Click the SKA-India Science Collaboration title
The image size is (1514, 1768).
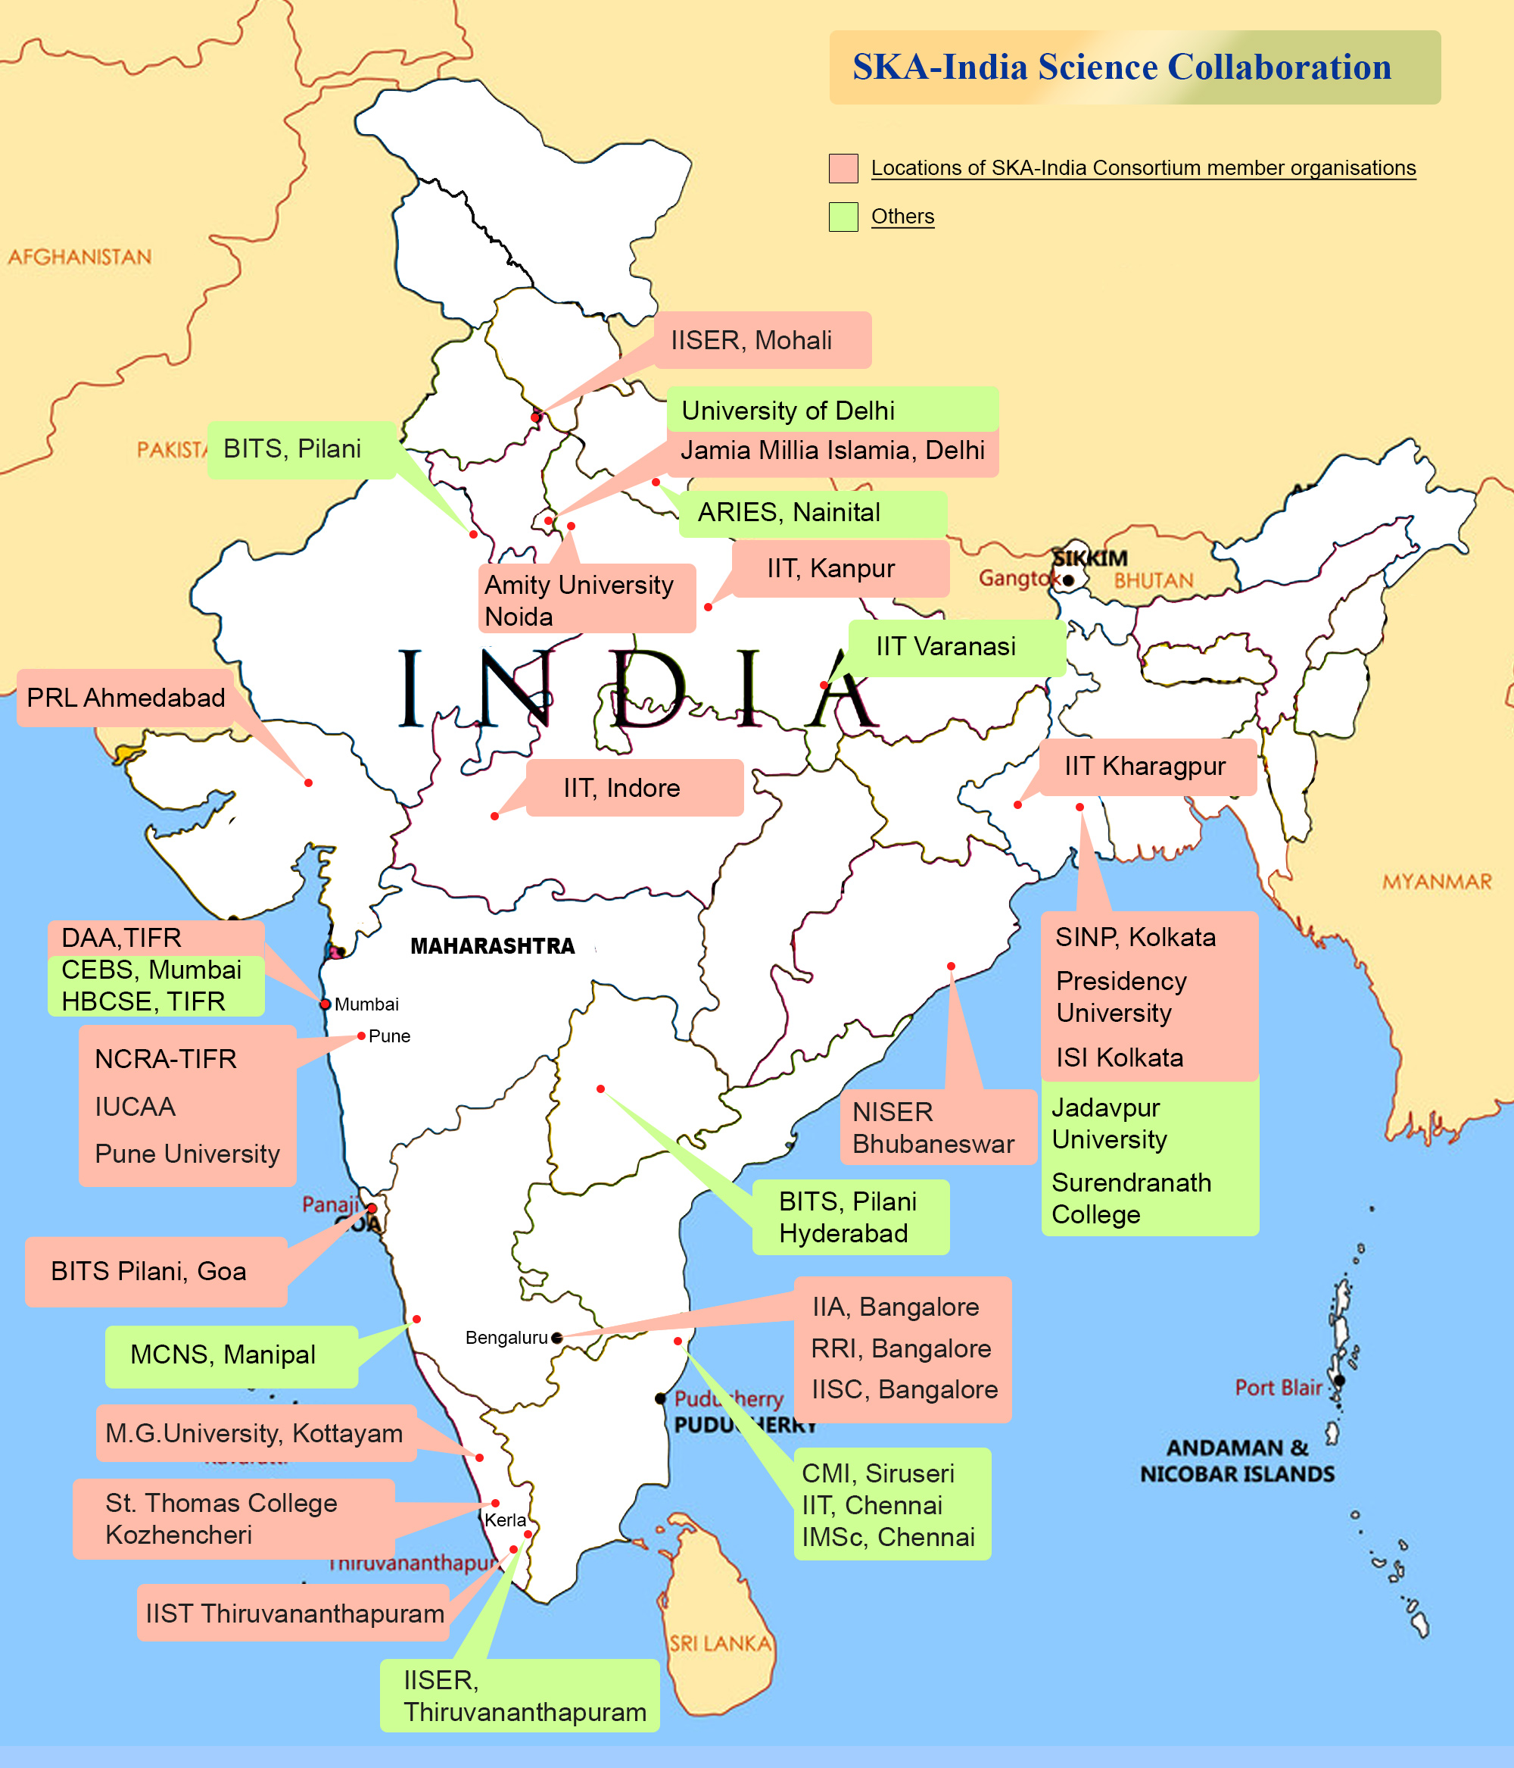pyautogui.click(x=1121, y=67)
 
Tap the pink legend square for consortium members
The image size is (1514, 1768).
pyautogui.click(x=843, y=168)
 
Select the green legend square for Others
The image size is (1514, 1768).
pyautogui.click(x=843, y=217)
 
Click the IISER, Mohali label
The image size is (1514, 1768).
pyautogui.click(x=752, y=340)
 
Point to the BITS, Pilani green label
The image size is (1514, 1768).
pyautogui.click(x=291, y=449)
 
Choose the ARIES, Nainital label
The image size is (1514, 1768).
pyautogui.click(x=789, y=513)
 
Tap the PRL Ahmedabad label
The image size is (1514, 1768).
pyautogui.click(x=126, y=698)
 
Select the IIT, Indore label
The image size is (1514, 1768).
pyautogui.click(x=621, y=788)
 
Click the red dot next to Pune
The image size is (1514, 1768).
pyautogui.click(x=362, y=1036)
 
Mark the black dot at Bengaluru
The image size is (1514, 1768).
pyautogui.click(x=557, y=1338)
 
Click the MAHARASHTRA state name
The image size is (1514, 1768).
pyautogui.click(x=492, y=946)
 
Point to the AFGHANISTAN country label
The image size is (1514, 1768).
pyautogui.click(x=79, y=257)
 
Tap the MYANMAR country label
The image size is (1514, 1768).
pyautogui.click(x=1438, y=882)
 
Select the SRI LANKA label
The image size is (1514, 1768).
pyautogui.click(x=720, y=1642)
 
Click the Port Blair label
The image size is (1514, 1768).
pyautogui.click(x=1278, y=1388)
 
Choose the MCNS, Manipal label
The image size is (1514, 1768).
pyautogui.click(x=223, y=1355)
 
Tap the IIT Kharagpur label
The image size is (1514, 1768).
pyautogui.click(x=1145, y=767)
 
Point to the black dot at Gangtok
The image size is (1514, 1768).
pyautogui.click(x=1068, y=580)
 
